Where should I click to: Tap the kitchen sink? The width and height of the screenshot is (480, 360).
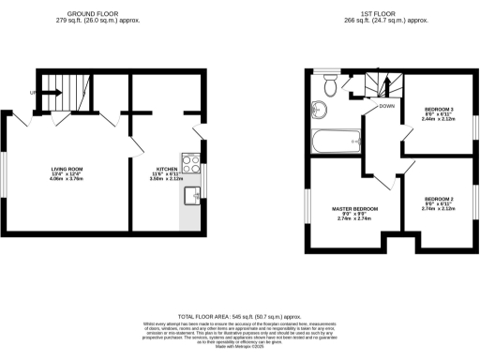coord(191,195)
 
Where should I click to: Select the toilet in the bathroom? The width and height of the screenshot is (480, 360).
coord(329,87)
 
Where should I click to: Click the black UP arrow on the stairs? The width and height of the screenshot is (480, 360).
coord(50,93)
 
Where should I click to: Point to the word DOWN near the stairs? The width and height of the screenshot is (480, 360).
coord(385,106)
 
